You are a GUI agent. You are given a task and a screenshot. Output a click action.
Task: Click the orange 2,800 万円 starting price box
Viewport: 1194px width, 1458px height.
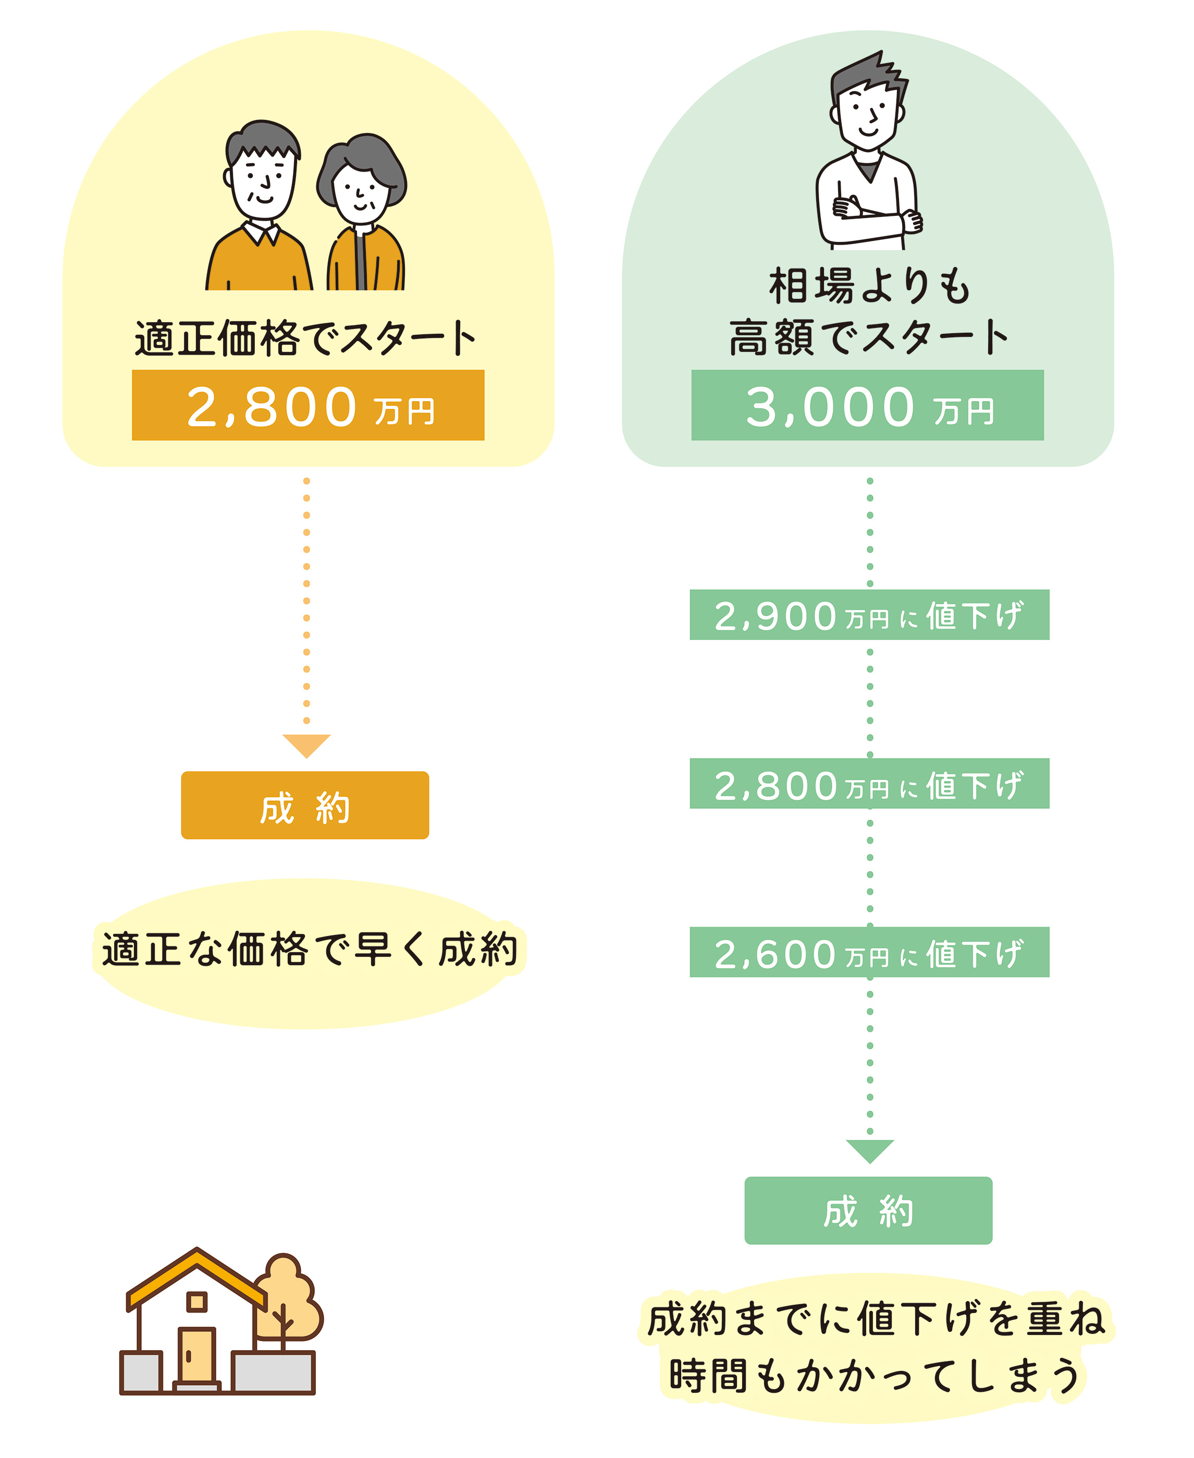pyautogui.click(x=308, y=405)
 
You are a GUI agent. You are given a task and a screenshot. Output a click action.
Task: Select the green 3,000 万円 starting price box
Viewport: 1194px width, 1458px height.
pyautogui.click(x=867, y=405)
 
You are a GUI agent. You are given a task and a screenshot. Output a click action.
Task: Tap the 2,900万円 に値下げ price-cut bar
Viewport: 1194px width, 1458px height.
pyautogui.click(x=869, y=614)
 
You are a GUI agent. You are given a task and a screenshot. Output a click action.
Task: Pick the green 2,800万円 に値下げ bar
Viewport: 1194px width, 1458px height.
pyautogui.click(x=869, y=784)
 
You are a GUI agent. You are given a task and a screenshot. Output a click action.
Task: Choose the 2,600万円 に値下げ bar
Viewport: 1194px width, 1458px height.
pyautogui.click(x=869, y=952)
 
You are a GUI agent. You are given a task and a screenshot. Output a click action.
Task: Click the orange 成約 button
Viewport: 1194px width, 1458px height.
pyautogui.click(x=305, y=805)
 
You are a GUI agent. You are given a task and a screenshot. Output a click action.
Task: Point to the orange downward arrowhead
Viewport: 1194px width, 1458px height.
pyautogui.click(x=307, y=745)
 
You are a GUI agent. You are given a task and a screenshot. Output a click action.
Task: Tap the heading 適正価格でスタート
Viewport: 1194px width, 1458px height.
pyautogui.click(x=305, y=338)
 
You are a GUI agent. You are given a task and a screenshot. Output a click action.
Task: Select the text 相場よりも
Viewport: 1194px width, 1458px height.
pyautogui.click(x=869, y=286)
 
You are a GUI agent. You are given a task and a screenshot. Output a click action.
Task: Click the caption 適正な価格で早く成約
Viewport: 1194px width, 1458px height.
pyautogui.click(x=310, y=950)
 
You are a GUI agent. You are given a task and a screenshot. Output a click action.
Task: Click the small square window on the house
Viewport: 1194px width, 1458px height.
pyautogui.click(x=198, y=1301)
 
